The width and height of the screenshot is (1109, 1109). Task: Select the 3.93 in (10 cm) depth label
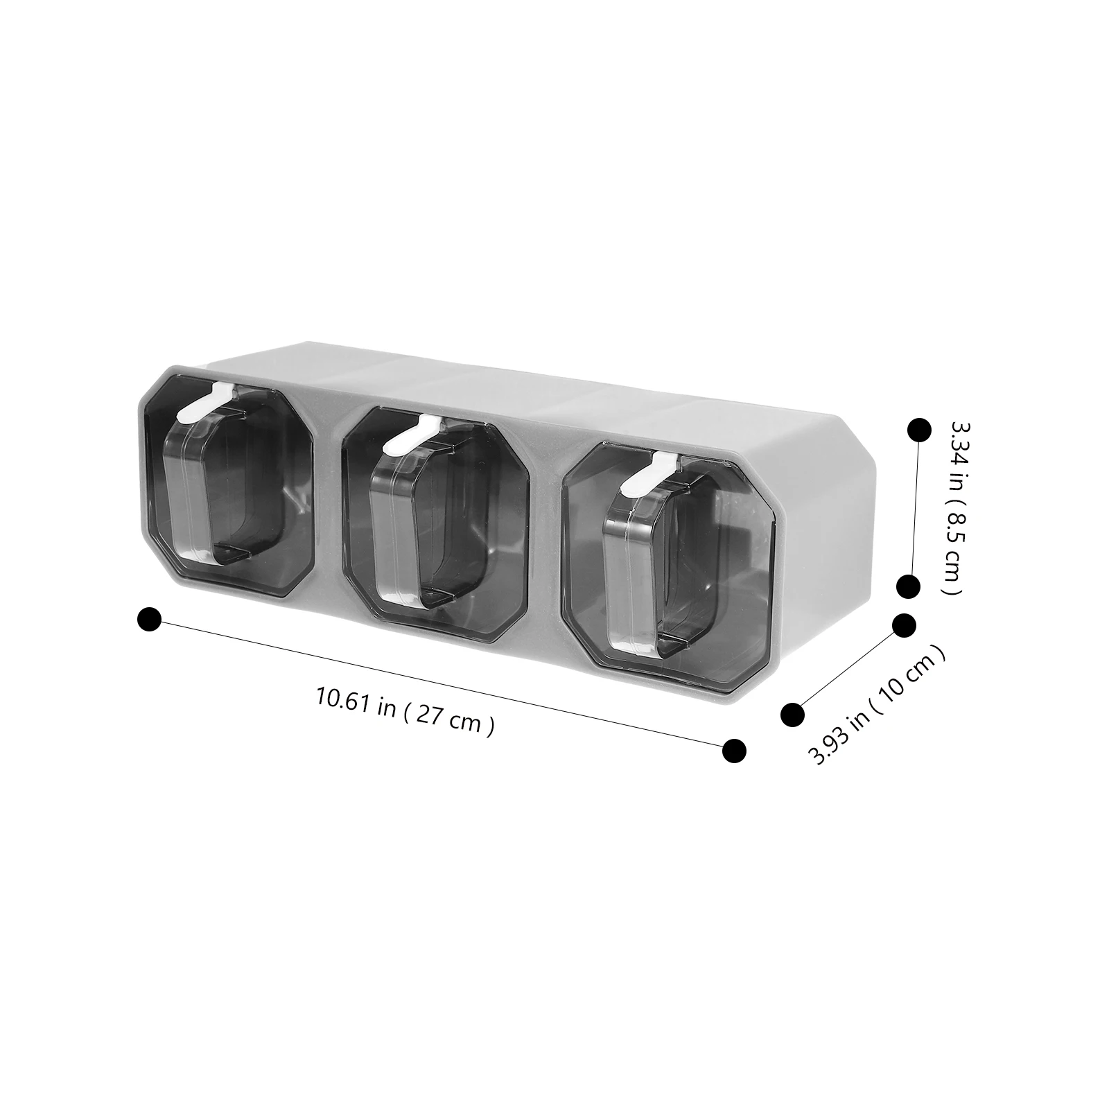coord(879,704)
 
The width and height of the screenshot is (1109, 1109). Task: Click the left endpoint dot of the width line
coord(150,619)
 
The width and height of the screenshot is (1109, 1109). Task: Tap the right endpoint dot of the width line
coord(734,750)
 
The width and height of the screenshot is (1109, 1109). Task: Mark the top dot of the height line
coord(919,430)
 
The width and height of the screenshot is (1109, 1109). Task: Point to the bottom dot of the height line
coord(908,586)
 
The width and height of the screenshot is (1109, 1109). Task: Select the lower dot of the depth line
coord(792,713)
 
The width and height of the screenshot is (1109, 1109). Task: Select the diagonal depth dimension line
coord(848,670)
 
